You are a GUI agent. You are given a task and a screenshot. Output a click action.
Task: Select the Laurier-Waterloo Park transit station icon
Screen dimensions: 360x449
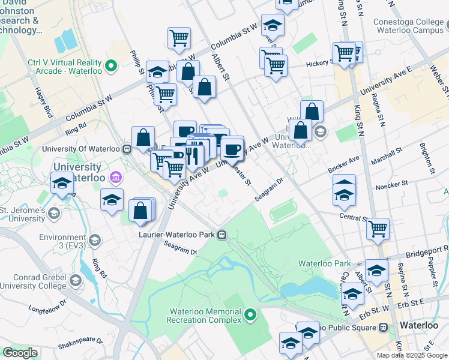[222, 235]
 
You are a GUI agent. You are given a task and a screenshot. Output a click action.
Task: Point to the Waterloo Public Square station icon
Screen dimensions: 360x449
[384, 328]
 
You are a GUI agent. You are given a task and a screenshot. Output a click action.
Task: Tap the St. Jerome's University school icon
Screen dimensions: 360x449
[54, 213]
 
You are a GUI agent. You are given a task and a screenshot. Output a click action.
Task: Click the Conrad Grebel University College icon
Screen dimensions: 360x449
[76, 280]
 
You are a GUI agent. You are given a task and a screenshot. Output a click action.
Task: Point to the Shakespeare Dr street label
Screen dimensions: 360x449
[80, 347]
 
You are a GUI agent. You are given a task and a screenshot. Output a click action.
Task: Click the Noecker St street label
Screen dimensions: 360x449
[391, 184]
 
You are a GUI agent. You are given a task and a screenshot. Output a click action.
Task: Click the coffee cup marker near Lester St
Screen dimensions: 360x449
[232, 149]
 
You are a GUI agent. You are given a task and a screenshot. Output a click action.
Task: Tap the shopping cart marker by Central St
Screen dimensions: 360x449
[378, 228]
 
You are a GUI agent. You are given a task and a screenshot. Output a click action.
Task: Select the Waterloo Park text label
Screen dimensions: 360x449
[325, 263]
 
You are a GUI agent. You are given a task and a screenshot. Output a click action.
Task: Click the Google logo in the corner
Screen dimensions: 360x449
[20, 353]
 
